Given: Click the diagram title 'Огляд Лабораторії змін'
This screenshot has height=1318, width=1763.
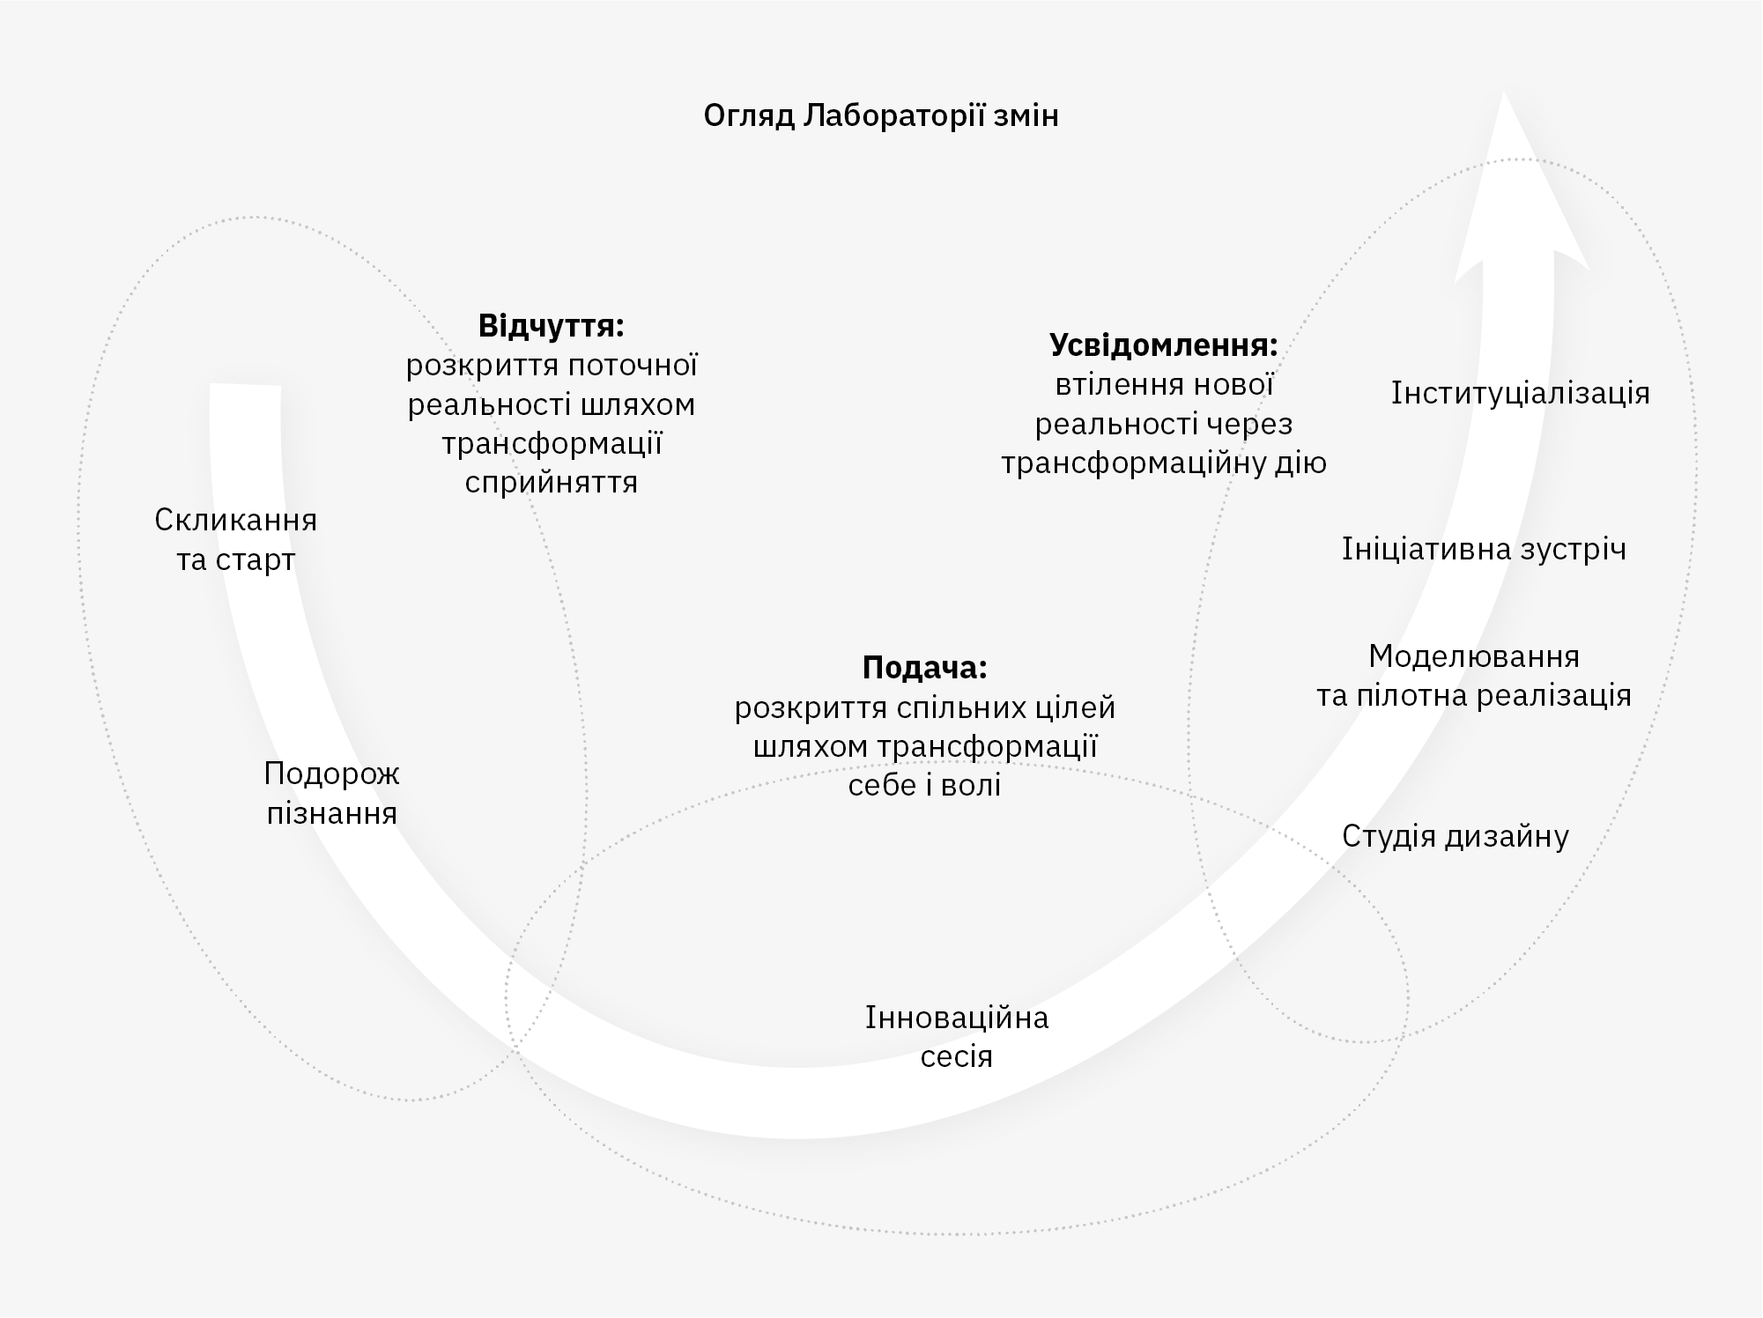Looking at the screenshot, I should (880, 115).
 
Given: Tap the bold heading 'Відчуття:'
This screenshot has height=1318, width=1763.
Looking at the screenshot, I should (551, 326).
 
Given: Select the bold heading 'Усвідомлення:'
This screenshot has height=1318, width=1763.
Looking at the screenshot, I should (1163, 345).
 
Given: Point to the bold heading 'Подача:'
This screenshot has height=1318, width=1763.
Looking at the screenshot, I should (924, 668).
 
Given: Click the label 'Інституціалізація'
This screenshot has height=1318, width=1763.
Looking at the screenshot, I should (1520, 393).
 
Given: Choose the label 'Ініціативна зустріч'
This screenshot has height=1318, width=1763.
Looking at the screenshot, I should (1484, 549).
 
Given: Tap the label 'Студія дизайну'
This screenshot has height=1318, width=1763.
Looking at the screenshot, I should (1455, 836).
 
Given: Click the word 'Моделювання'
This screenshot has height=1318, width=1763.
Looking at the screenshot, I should (1473, 656).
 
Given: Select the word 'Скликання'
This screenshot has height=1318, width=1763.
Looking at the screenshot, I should (235, 520).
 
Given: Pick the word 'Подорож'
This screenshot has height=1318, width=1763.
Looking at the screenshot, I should (331, 774).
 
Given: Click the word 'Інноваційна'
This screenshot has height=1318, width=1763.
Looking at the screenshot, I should (957, 1018).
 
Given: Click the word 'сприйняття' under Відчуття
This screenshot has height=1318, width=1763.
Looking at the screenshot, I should (551, 483).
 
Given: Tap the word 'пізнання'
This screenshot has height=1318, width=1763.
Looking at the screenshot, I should (331, 813).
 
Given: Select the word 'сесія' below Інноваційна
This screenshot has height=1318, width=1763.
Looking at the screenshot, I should (957, 1056).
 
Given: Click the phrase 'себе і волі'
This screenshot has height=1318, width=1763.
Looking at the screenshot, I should (924, 785).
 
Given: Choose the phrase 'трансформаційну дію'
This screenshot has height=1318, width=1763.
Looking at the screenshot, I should (1163, 463).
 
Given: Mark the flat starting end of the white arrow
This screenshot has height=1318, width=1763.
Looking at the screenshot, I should (246, 387).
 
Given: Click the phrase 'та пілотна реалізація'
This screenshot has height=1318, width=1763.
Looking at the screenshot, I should (1473, 696).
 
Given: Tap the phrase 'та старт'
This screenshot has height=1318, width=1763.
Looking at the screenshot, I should (235, 560).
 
